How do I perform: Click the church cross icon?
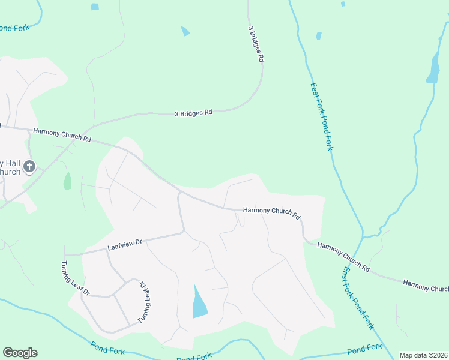point(29,166)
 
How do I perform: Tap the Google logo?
point(20,353)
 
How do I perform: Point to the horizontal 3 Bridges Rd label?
point(193,112)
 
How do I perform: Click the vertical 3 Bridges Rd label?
point(256,44)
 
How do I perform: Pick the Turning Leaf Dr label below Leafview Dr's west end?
point(74,278)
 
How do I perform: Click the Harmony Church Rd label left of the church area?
point(62,134)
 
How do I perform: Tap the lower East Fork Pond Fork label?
point(358,298)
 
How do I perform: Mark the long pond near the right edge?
point(433,68)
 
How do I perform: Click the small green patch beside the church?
point(67,181)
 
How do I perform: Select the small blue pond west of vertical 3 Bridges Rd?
point(185,31)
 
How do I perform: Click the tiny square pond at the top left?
point(95,7)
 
